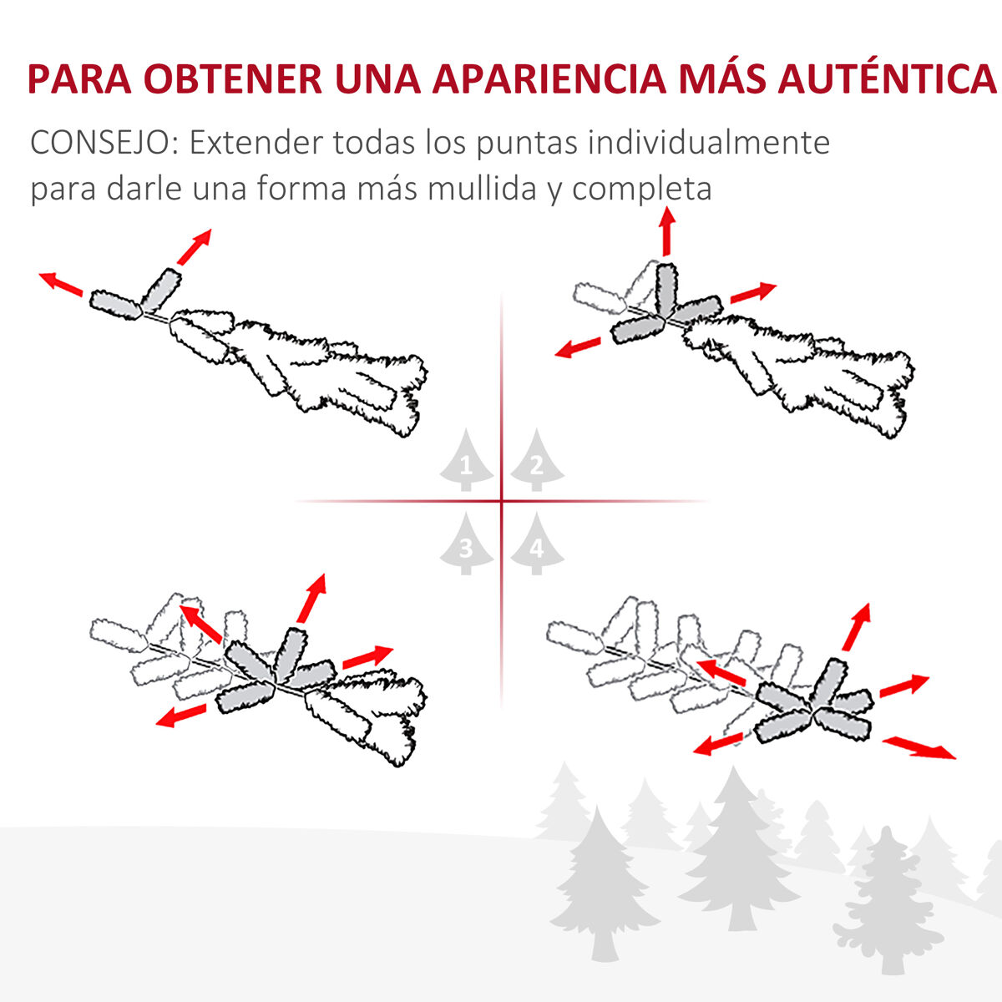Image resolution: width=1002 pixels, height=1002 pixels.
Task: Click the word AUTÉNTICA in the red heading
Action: [886, 79]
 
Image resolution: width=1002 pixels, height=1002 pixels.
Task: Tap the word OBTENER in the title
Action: [232, 79]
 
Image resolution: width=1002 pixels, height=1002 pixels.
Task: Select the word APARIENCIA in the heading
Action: [549, 79]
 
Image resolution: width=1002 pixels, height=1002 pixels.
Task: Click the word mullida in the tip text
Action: [482, 188]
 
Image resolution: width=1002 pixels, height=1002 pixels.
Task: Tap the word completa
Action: [641, 190]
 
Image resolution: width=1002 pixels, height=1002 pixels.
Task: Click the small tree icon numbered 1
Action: [466, 459]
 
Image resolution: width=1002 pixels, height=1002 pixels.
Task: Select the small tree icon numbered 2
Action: [537, 459]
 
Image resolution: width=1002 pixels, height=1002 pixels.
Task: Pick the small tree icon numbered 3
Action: [466, 544]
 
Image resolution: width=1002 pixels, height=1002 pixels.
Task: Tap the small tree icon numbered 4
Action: [537, 544]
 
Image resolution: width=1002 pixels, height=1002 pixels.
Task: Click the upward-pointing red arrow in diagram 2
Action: [666, 231]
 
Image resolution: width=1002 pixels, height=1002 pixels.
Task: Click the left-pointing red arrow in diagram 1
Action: [61, 283]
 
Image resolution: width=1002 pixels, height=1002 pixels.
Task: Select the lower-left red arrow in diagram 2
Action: [578, 347]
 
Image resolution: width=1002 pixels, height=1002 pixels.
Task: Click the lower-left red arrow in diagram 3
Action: [181, 716]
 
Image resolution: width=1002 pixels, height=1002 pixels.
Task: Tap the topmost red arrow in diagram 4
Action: [857, 626]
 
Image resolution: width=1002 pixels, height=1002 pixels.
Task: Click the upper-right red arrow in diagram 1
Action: [194, 246]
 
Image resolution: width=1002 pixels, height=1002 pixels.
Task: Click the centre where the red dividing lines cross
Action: [502, 501]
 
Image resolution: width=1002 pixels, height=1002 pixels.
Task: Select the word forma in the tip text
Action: [301, 188]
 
